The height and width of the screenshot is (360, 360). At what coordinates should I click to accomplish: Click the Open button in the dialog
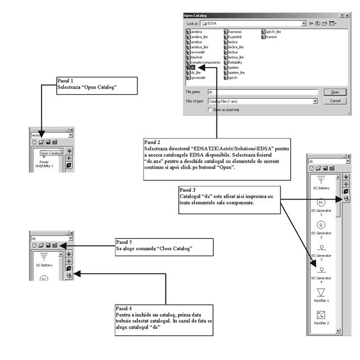335,91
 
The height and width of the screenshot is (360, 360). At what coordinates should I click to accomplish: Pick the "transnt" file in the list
273,37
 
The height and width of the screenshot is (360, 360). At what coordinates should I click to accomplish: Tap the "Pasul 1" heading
66,81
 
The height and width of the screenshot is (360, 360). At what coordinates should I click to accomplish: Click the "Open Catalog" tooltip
50,153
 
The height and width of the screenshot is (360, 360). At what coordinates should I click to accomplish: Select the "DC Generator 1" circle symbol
321,202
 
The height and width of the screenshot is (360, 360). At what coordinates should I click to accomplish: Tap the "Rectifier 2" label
321,323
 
